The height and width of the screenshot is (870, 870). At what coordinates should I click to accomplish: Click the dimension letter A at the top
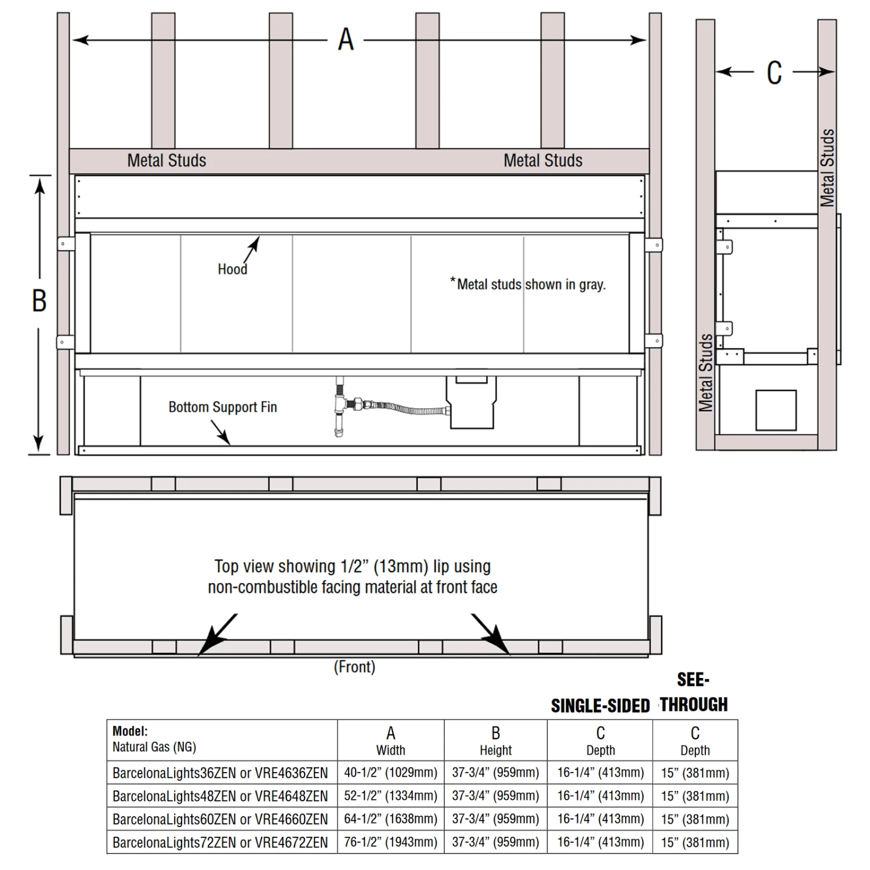346,39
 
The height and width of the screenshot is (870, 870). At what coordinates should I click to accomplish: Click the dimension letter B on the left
39,300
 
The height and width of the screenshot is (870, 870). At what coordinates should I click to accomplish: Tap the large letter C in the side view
774,73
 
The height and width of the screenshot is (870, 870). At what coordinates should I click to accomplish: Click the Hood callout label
232,269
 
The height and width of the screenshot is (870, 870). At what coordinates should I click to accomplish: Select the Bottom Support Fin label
223,407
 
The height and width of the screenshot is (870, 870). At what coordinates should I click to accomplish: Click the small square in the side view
775,410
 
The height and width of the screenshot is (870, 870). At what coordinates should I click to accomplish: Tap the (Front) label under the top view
354,667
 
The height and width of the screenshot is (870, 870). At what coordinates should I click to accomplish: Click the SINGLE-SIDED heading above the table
600,706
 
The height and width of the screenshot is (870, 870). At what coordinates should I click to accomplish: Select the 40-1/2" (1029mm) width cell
390,773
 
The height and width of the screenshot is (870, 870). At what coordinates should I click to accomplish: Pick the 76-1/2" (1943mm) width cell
390,842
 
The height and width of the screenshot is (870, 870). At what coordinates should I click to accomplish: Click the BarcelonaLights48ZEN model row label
220,796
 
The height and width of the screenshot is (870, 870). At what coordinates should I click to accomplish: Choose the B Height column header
495,741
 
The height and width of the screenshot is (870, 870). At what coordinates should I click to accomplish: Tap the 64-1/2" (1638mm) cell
390,819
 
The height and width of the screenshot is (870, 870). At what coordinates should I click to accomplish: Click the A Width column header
390,741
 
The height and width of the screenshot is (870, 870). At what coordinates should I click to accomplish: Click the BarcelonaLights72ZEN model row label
220,842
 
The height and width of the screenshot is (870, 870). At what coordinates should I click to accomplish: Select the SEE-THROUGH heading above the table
694,692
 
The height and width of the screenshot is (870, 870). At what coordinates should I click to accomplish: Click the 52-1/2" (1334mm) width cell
390,796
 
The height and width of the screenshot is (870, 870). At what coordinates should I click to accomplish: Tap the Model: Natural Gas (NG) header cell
155,739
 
